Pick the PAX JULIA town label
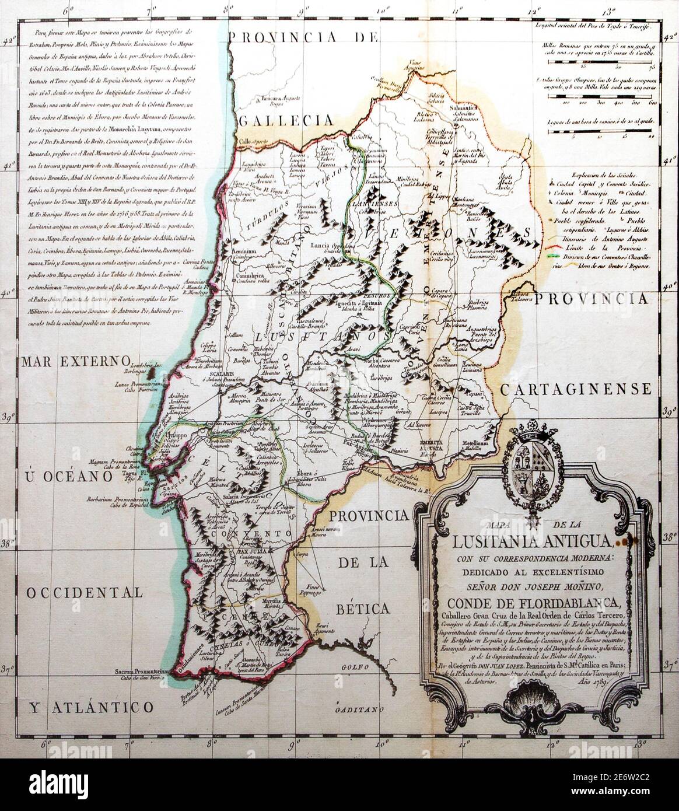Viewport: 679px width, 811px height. [252, 549]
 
